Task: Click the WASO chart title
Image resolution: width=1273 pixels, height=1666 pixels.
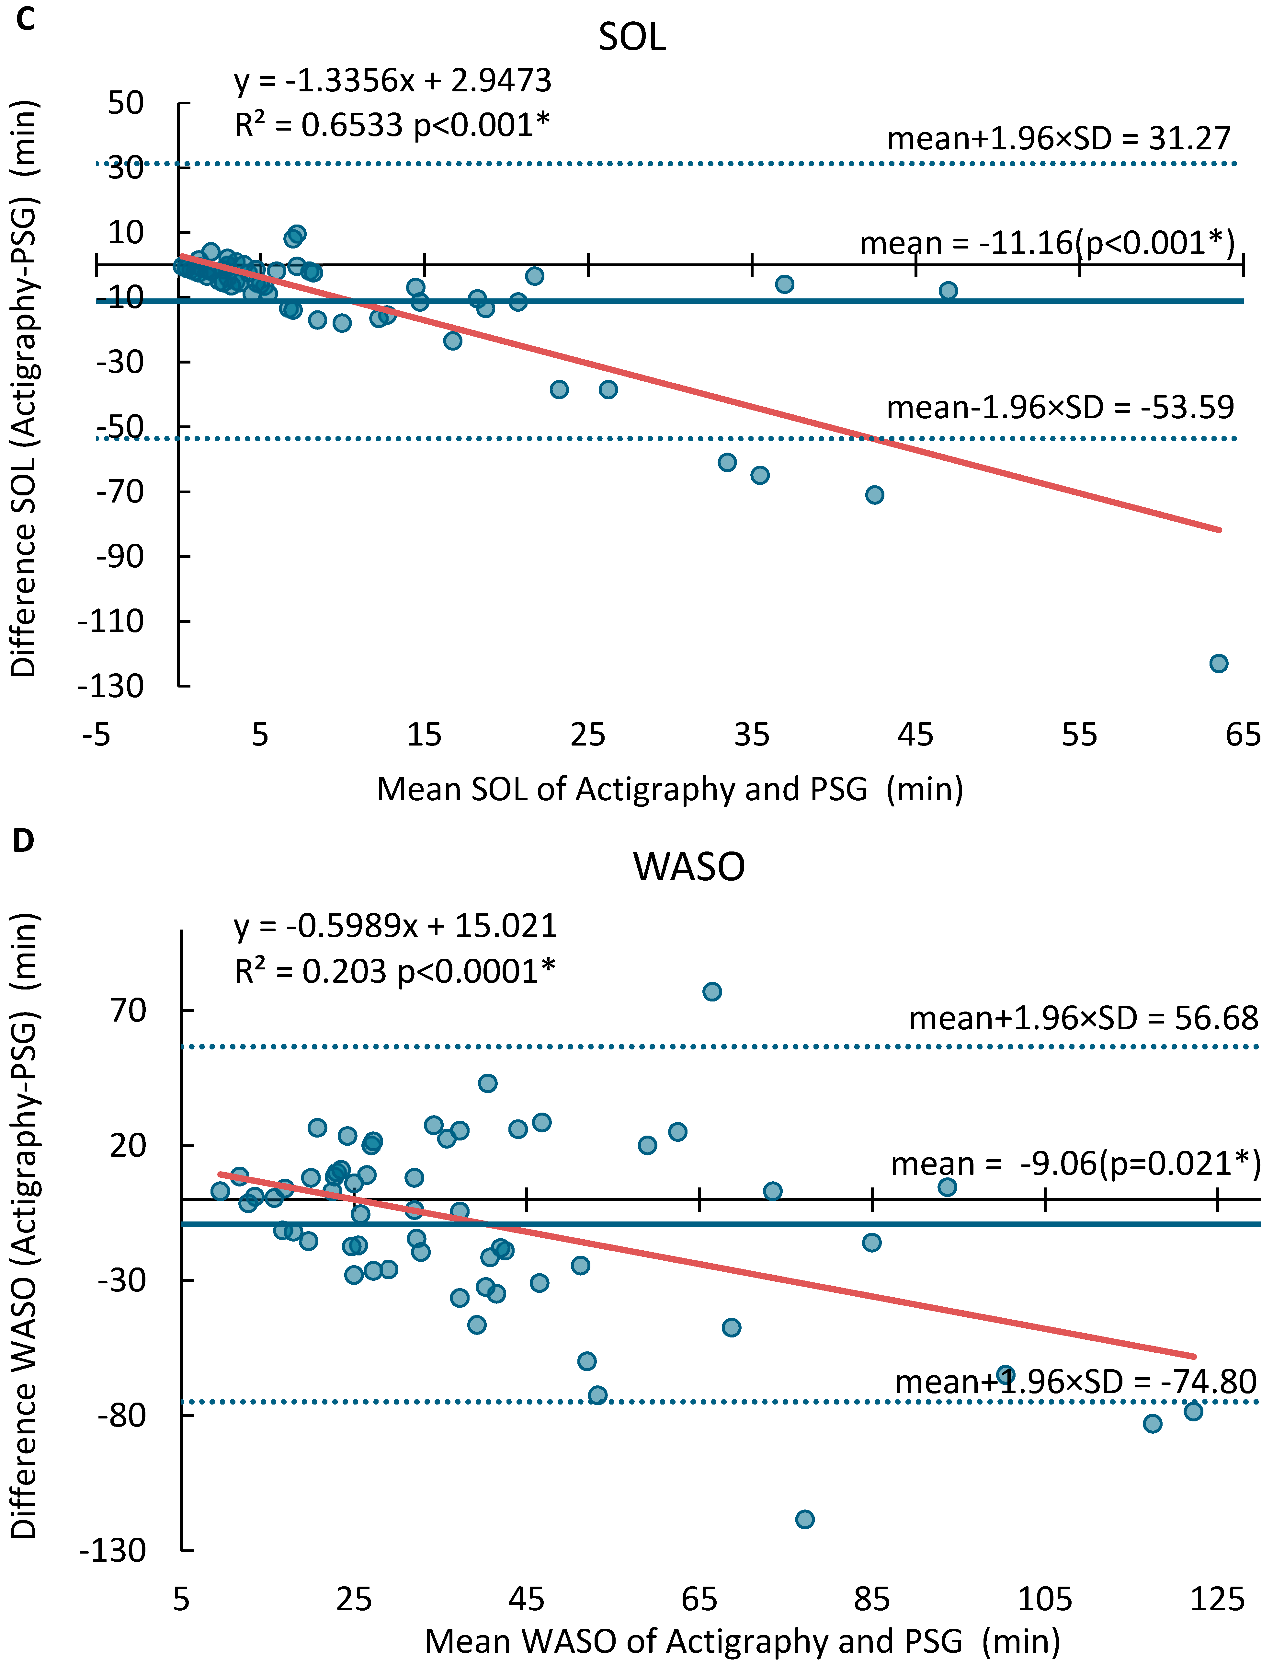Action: click(x=689, y=866)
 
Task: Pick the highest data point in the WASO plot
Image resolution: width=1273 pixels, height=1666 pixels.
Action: click(x=711, y=991)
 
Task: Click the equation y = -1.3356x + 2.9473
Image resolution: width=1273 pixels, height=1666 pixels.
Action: click(x=392, y=80)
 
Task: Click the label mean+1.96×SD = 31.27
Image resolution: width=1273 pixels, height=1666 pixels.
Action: click(x=1059, y=139)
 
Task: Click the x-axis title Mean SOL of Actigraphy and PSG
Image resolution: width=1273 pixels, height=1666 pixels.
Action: click(x=670, y=789)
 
